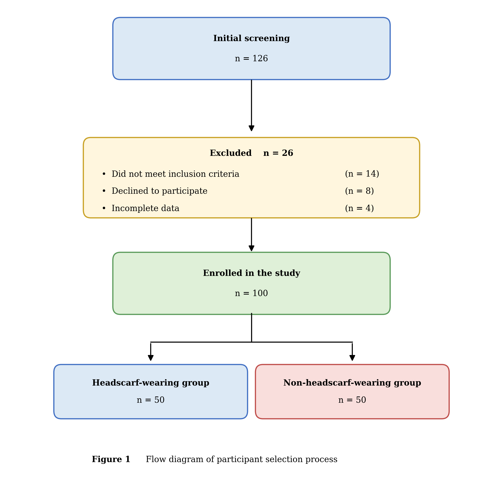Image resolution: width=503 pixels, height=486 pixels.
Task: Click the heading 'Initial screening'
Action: (251, 38)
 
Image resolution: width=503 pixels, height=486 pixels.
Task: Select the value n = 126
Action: (251, 59)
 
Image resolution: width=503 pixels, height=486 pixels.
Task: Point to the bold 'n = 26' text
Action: (278, 153)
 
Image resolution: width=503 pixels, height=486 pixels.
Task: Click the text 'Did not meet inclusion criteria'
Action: (175, 174)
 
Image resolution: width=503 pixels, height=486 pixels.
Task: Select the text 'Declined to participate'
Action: (159, 191)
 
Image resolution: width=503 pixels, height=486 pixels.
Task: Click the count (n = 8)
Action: (359, 191)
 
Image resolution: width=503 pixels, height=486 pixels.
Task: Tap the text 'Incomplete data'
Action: (145, 208)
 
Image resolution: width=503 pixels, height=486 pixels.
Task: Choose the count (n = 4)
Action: (359, 208)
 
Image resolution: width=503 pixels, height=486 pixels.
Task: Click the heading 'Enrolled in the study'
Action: (251, 273)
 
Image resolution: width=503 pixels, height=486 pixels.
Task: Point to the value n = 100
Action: (251, 293)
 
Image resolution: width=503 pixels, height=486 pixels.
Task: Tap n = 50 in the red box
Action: (352, 400)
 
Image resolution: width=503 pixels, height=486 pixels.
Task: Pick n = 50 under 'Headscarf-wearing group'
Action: (151, 400)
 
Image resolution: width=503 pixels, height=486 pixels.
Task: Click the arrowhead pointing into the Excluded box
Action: (251, 128)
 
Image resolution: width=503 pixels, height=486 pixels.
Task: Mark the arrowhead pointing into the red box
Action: (352, 358)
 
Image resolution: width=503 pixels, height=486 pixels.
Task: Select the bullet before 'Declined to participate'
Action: (104, 191)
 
